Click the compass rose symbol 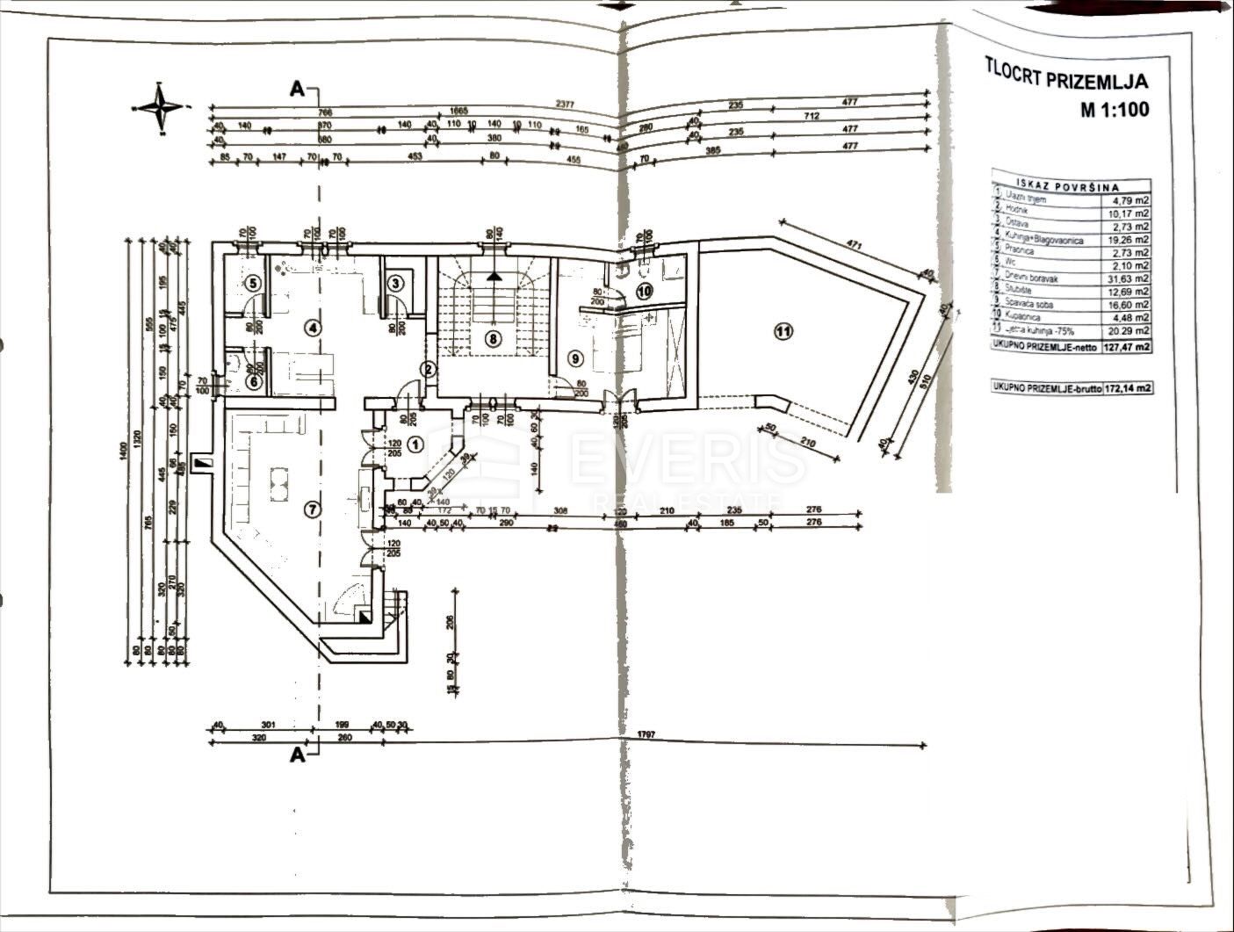(x=160, y=109)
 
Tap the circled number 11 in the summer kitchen (x=783, y=331)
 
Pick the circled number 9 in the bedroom (x=575, y=358)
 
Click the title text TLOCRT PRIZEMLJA (x=1066, y=81)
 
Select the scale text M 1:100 (x=1115, y=110)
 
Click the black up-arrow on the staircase (x=494, y=274)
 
